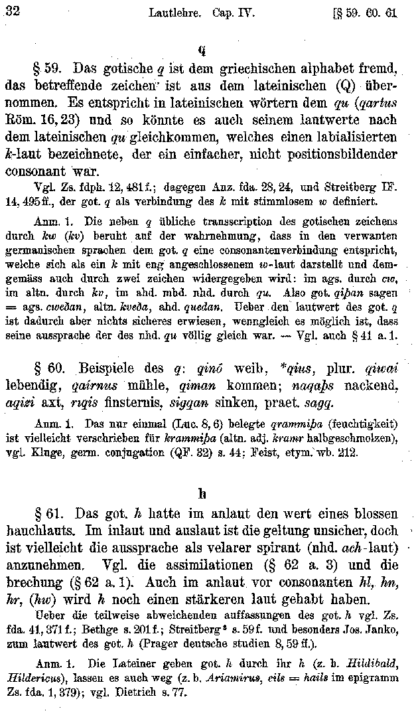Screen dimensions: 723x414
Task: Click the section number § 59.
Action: point(49,69)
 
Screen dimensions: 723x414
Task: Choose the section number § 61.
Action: point(48,515)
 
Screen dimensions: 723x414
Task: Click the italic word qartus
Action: point(378,104)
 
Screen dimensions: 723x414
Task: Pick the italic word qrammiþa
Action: point(265,422)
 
